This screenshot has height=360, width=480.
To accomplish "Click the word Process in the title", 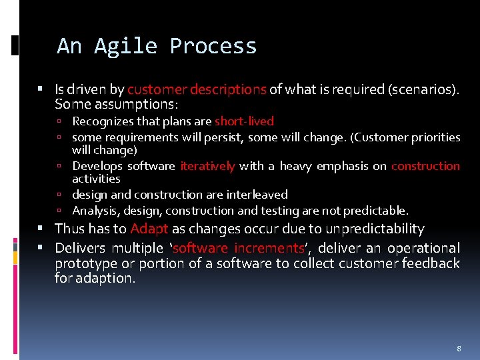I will coord(213,46).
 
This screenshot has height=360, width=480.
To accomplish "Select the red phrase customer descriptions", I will coord(197,89).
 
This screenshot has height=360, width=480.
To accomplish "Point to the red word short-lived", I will coord(244,121).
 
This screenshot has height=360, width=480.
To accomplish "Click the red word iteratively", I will coord(207,166).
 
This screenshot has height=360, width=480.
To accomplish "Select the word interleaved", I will coord(256,195).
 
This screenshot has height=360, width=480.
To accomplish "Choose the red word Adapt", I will coord(149,229).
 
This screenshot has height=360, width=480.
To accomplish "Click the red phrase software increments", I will coord(238,248).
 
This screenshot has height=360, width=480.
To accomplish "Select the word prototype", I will coord(85,263).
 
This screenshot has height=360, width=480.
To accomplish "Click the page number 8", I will coord(459,349).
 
